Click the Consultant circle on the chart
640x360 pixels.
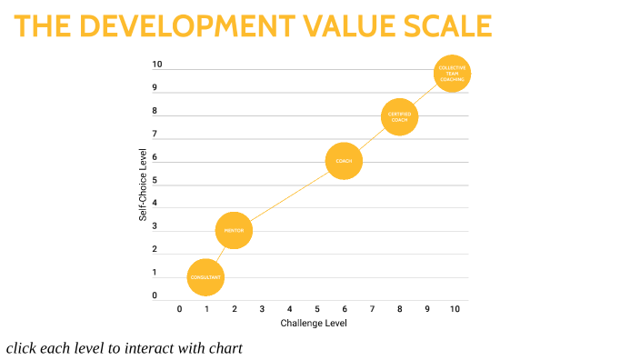click(x=206, y=277)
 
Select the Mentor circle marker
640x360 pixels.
click(x=234, y=231)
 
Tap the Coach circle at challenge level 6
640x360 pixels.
click(x=344, y=162)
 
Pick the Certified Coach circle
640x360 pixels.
click(x=399, y=116)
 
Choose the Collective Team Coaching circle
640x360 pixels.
click(x=453, y=73)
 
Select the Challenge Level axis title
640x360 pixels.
click(x=314, y=323)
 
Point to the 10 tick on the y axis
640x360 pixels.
click(x=156, y=65)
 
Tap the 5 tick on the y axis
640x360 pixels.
click(x=155, y=180)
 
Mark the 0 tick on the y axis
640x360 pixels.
click(x=155, y=295)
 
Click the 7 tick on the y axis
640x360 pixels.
click(x=155, y=134)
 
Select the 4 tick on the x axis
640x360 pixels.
click(x=289, y=309)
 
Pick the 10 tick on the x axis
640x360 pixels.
click(x=455, y=309)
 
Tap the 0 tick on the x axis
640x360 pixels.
click(x=179, y=309)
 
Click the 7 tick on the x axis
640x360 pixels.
click(x=372, y=309)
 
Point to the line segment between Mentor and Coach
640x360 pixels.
click(x=289, y=196)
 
